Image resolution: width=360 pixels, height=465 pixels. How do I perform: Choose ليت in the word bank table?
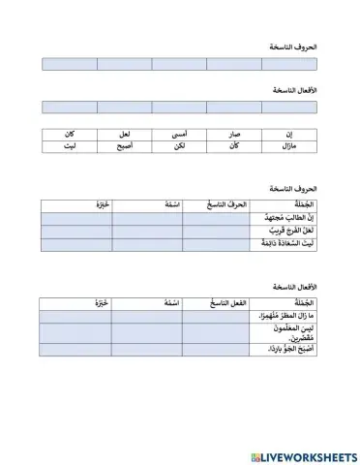pos(70,146)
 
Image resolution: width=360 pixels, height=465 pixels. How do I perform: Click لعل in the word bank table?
pos(125,134)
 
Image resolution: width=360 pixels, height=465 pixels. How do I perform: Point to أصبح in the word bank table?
pos(126,146)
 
